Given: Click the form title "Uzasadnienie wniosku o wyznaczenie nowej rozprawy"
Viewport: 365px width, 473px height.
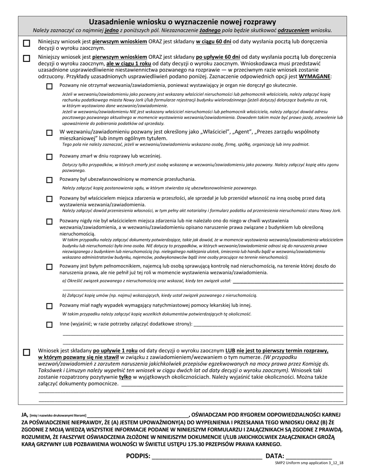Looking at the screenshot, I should tap(182, 22).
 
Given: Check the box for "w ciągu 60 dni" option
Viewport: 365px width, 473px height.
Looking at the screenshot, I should tap(27, 43).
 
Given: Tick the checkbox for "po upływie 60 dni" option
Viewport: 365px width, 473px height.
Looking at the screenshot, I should tap(27, 59).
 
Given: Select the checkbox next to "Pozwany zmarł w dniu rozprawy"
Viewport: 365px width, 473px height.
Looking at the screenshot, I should tap(49, 157).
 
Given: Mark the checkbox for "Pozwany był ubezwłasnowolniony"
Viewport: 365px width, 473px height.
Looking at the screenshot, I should tap(49, 180).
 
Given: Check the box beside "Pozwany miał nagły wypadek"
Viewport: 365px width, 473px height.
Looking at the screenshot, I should tap(49, 306).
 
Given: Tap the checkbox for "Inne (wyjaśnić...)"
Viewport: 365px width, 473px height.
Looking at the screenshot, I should tap(49, 325).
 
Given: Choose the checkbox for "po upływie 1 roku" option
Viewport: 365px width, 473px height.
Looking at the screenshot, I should tap(27, 352).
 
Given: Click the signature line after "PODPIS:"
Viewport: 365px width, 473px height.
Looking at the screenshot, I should tap(207, 457).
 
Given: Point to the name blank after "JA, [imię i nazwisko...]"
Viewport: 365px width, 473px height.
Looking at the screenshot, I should tap(138, 416).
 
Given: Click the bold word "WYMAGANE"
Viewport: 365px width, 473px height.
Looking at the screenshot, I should tap(314, 77).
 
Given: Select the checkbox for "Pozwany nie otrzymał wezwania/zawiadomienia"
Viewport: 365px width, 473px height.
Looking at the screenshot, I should tap(49, 87).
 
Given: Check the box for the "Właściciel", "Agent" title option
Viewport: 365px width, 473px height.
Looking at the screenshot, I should tap(49, 133).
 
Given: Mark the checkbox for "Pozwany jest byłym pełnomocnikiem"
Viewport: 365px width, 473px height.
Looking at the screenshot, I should tap(49, 267).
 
